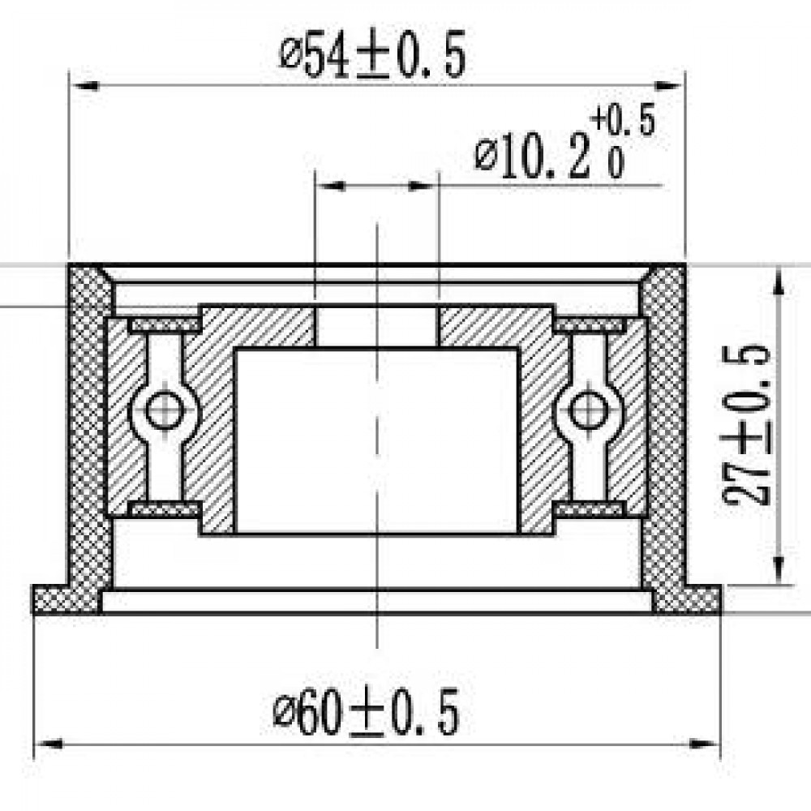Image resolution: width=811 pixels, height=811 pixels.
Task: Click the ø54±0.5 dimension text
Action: [372, 54]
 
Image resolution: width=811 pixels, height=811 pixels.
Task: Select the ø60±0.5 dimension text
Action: [367, 712]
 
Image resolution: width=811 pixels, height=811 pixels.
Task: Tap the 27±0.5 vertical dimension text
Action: [746, 425]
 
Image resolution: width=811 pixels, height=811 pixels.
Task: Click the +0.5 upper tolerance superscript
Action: [623, 119]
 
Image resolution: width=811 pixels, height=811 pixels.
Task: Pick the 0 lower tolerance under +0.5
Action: [616, 163]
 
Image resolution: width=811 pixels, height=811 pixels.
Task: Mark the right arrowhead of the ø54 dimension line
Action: [669, 85]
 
